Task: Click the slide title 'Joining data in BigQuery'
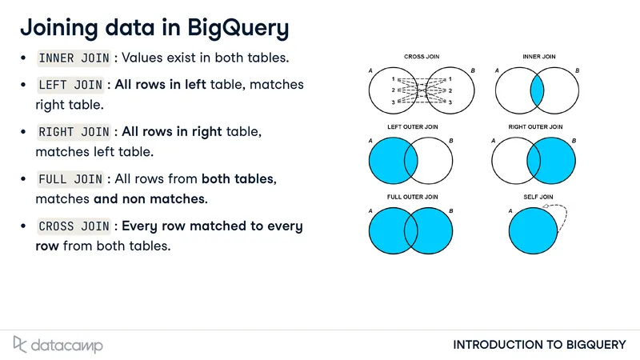154,28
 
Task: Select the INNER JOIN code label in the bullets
74,58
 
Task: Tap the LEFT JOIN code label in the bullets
70,85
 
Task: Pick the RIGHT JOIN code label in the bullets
74,132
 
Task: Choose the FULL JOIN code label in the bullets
70,178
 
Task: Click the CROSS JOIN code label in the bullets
74,226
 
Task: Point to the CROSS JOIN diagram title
422,57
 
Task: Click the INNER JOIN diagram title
538,57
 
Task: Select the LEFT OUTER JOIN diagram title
412,127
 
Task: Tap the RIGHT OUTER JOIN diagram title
535,127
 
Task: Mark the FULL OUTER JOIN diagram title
412,197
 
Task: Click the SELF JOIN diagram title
538,197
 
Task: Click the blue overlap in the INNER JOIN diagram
537,90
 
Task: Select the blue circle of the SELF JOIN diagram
533,230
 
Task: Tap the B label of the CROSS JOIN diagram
473,70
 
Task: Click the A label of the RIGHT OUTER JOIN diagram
493,141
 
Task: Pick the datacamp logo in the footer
58,345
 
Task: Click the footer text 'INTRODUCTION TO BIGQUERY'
539,345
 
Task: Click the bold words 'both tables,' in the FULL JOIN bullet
238,178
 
